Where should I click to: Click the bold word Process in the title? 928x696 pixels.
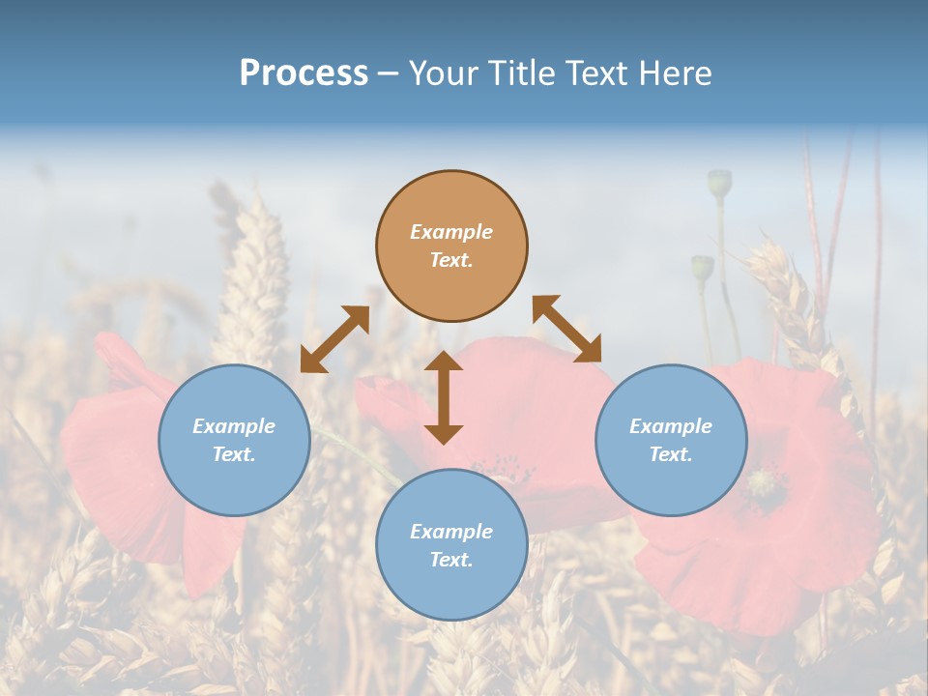[x=304, y=73]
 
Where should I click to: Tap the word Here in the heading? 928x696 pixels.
[x=677, y=73]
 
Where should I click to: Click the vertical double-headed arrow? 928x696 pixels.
[x=444, y=397]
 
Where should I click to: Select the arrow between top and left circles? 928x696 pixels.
[x=334, y=339]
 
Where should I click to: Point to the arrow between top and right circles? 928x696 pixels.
[x=567, y=329]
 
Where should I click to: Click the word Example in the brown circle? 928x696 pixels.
[x=451, y=232]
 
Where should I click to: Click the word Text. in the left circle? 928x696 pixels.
[x=234, y=454]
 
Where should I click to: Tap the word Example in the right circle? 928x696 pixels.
[x=671, y=426]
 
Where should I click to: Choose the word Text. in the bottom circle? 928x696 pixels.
[x=451, y=560]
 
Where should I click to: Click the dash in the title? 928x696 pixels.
[x=388, y=74]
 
